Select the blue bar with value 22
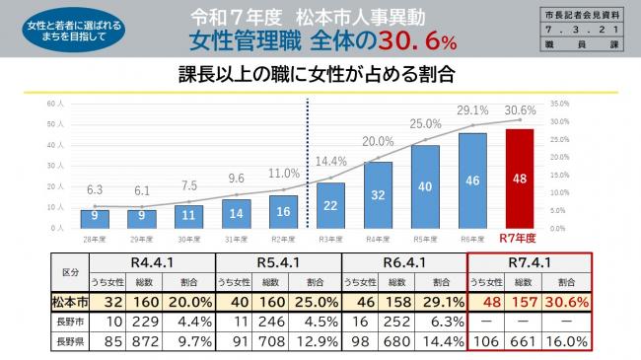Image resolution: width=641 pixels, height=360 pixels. coord(330,205)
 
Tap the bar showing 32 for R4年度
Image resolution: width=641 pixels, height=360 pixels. coord(378,195)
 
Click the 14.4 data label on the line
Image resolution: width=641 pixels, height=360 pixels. coord(331,161)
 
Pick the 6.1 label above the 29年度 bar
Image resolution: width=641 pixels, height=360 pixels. coord(142,190)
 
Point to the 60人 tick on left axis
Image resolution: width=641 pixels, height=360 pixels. coord(56,103)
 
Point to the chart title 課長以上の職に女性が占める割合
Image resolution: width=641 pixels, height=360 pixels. coord(320,75)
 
